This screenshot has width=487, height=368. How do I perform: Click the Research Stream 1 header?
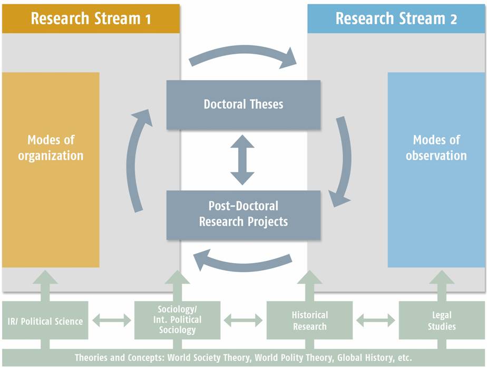(x=91, y=18)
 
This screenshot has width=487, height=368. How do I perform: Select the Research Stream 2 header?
(x=396, y=18)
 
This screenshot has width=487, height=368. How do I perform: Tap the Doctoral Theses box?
(x=244, y=104)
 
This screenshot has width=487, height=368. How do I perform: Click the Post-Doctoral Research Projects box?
(x=244, y=215)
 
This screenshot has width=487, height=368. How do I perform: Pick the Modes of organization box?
(x=51, y=170)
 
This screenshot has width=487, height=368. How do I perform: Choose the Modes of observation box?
(x=436, y=170)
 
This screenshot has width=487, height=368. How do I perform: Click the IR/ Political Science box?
(x=45, y=321)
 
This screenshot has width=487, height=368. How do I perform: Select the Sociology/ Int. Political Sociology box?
(x=177, y=321)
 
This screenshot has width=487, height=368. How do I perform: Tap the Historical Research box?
(x=310, y=321)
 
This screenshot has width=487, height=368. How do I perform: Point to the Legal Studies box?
(x=442, y=321)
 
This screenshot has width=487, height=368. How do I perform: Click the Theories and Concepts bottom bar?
(x=244, y=357)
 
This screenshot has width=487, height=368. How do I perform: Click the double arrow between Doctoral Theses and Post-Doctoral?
(x=242, y=160)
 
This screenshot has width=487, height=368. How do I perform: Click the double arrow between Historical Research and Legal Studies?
(x=376, y=321)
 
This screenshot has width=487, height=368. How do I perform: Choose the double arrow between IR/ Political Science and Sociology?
(x=112, y=321)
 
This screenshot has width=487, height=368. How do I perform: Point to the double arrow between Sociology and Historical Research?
(x=244, y=321)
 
